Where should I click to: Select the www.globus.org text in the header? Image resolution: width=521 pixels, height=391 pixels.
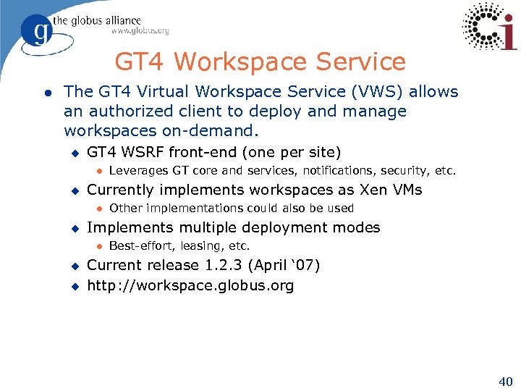[140, 30]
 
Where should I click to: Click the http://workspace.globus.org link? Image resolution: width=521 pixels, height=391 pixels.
[190, 285]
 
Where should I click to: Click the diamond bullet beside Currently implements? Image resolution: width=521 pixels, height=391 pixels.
[73, 190]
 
